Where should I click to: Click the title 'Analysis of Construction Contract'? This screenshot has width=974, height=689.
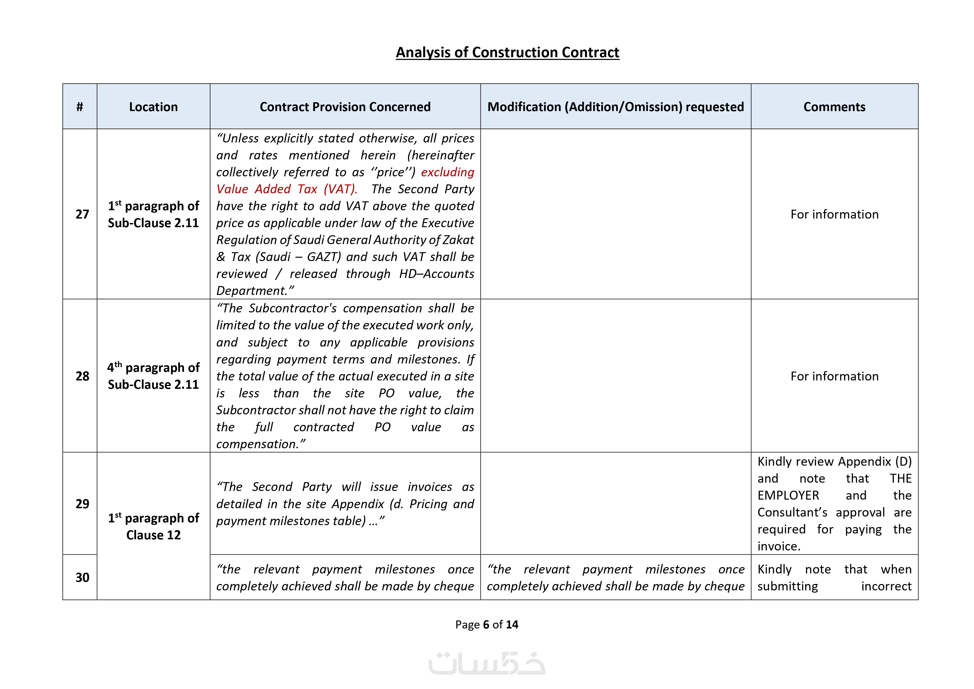(507, 52)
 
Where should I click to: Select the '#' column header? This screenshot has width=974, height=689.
(80, 107)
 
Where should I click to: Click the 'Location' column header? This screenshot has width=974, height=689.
(153, 107)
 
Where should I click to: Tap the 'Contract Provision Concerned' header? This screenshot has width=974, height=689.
(345, 107)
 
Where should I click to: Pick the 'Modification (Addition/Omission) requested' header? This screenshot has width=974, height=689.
(616, 107)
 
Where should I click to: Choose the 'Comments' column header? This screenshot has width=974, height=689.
(834, 107)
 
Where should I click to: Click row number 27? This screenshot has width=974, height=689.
(82, 214)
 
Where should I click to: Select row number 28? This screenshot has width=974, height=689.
(82, 376)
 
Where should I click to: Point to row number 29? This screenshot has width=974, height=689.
(82, 504)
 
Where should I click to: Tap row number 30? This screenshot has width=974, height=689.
(82, 577)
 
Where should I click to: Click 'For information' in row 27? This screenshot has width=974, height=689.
(834, 214)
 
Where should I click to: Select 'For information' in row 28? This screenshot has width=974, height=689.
(834, 376)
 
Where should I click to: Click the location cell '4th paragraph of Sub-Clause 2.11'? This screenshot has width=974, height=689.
(153, 376)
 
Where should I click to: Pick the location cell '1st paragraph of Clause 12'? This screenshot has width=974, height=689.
(153, 527)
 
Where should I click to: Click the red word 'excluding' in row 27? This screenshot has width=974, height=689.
(447, 172)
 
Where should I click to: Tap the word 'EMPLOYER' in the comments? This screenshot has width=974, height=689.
(788, 495)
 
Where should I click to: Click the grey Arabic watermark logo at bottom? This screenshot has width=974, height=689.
(487, 663)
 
